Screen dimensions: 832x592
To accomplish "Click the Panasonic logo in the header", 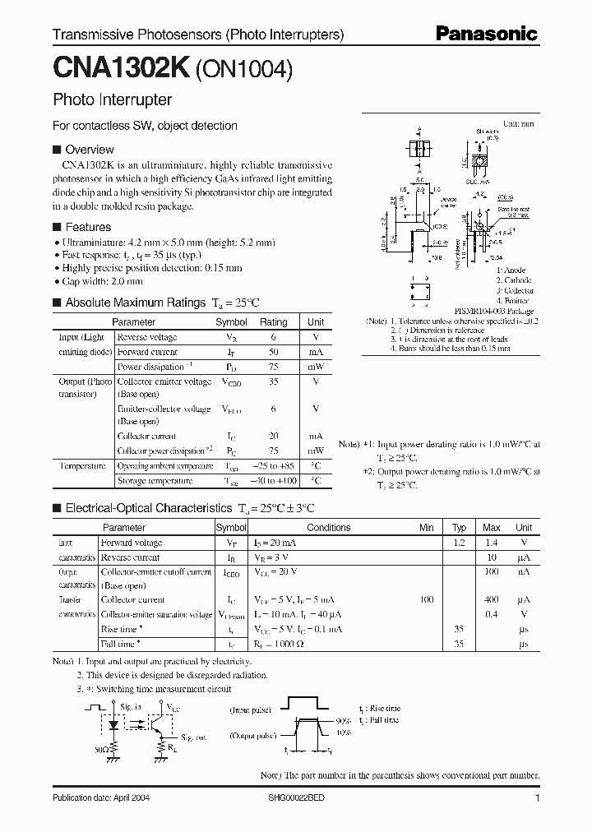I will tap(487, 35).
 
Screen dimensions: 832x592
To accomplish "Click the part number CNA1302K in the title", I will tap(121, 71).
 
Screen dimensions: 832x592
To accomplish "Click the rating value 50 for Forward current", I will tap(274, 352).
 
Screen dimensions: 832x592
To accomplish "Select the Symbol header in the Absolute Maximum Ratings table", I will tap(231, 322).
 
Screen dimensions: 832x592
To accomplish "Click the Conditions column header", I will tap(328, 528).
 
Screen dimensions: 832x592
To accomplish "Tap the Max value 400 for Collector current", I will tap(492, 600).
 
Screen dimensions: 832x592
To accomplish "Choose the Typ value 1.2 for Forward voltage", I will tap(460, 543).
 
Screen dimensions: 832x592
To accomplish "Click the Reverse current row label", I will tap(130, 557).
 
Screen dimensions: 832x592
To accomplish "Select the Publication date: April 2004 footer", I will tap(101, 798).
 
